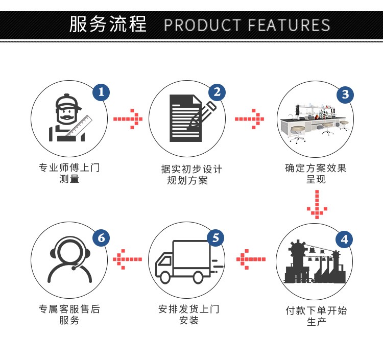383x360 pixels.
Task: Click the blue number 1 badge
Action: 101,92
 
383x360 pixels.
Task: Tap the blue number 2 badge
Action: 217,92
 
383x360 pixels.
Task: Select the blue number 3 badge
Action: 345,94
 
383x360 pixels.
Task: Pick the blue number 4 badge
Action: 344,239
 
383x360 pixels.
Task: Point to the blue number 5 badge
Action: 216,237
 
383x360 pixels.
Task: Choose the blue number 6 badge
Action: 101,238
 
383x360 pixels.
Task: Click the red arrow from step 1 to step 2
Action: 128,119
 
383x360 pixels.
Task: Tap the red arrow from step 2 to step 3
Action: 249,119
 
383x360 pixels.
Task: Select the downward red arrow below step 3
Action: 317,203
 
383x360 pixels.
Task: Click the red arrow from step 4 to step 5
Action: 251,259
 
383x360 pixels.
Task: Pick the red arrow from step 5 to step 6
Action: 127,259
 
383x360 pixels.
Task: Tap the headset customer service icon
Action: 70,260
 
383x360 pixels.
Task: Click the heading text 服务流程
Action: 108,24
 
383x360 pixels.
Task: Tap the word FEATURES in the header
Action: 289,25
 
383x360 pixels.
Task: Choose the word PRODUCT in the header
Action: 202,25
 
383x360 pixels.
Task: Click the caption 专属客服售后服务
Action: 69,315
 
